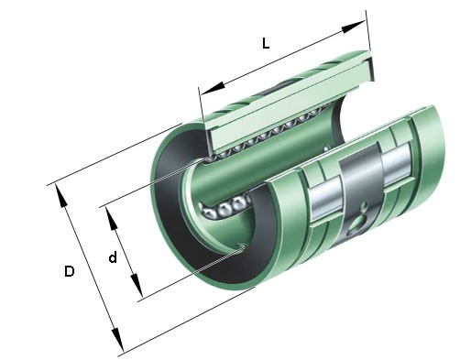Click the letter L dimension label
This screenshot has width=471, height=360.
(x=266, y=43)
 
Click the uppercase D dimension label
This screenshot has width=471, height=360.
(x=70, y=271)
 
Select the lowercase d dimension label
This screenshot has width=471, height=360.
(x=113, y=256)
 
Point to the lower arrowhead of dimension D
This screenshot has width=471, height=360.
(x=117, y=340)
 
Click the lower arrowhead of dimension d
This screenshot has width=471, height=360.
(x=137, y=286)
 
